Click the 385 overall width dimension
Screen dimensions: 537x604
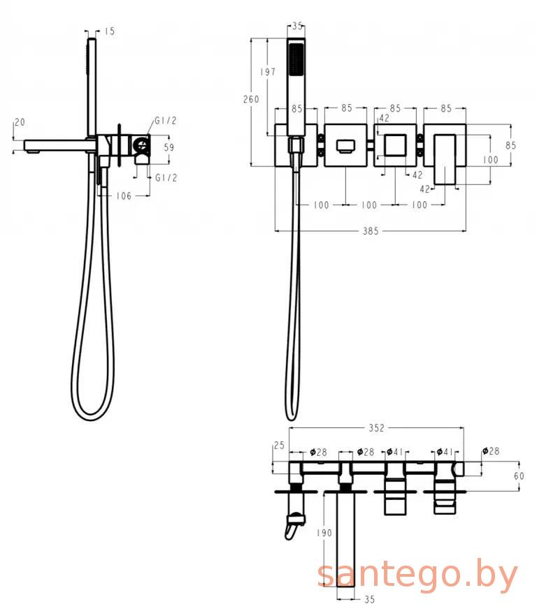(x=371, y=231)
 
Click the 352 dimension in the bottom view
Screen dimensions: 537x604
(x=376, y=428)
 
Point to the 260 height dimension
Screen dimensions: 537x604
(x=251, y=99)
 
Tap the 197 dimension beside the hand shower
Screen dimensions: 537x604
(x=268, y=72)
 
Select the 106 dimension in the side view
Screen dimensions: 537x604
(x=124, y=196)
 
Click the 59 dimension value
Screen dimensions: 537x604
(x=169, y=147)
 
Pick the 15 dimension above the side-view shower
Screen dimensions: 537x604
(x=110, y=31)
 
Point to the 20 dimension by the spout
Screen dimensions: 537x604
(x=20, y=122)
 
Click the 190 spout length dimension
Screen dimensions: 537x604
(x=324, y=533)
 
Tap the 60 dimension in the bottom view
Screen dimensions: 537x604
(x=519, y=476)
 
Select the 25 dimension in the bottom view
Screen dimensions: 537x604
(x=279, y=445)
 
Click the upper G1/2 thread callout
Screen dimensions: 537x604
(x=166, y=121)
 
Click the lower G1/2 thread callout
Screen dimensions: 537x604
(x=166, y=177)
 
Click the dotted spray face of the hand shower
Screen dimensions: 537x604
(x=296, y=59)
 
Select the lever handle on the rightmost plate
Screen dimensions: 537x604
(x=445, y=159)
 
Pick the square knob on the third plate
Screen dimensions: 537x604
(x=395, y=145)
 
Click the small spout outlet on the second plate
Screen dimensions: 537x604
(x=345, y=146)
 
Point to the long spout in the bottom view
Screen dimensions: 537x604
(x=345, y=539)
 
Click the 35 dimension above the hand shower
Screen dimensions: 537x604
(x=296, y=27)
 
